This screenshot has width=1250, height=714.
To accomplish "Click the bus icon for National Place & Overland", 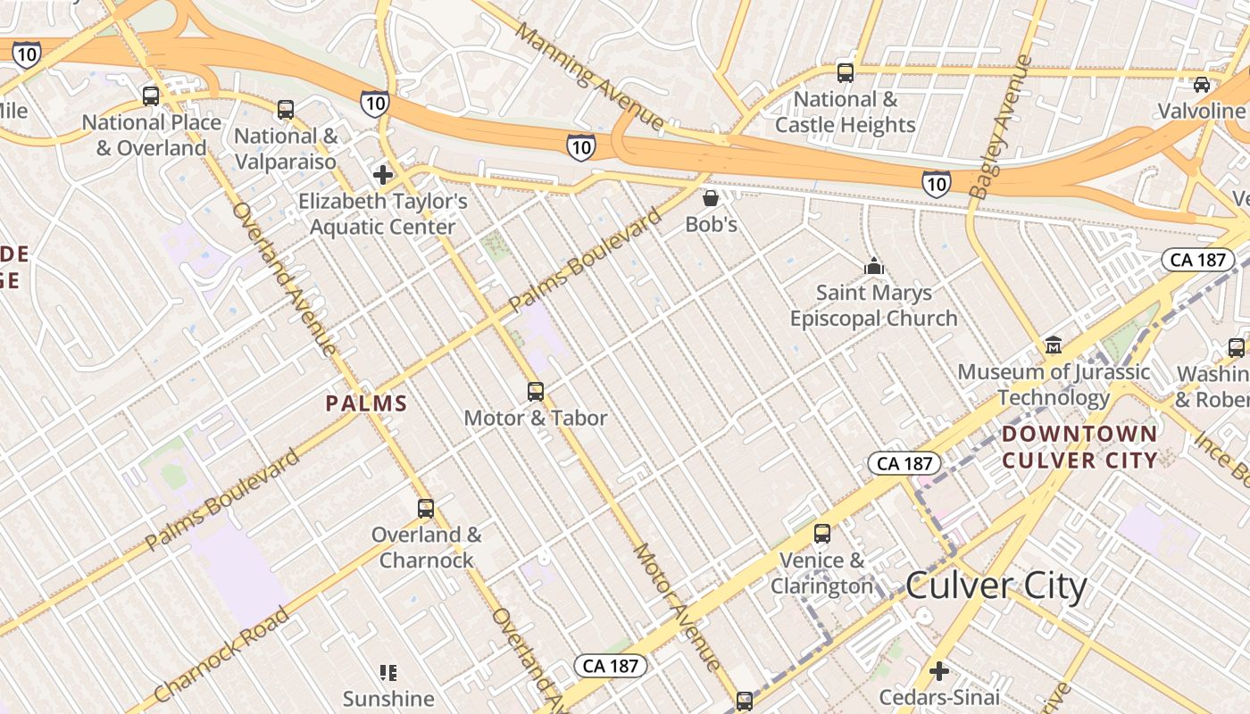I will coord(151,95).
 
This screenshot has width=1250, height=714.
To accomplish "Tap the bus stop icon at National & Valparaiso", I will coord(286,110).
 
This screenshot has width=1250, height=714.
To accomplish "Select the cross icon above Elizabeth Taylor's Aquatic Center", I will coord(383,174).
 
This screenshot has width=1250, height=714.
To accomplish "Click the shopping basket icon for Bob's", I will coord(711,197).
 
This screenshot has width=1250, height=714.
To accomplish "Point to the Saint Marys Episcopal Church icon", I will coord(873,266).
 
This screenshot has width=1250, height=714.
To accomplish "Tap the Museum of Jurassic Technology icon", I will coord(1054,345).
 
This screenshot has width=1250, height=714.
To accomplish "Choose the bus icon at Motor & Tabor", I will coord(536,391).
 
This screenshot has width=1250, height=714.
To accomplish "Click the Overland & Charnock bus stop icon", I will coord(426,509).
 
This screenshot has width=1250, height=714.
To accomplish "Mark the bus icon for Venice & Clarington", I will coord(822,534).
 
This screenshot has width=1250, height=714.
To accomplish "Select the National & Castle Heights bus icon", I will coord(845,73).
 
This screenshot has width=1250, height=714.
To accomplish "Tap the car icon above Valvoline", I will coord(1202,85).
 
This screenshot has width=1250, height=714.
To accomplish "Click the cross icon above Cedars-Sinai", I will coord(939,670).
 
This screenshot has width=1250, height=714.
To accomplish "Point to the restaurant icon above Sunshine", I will coord(387,672).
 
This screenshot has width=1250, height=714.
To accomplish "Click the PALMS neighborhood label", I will coord(367,403).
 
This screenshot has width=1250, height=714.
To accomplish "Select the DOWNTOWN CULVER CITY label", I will coord(1079,447).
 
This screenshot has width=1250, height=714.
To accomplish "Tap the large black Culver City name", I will coord(996,586).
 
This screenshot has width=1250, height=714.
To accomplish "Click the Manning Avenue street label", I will coord(590,77).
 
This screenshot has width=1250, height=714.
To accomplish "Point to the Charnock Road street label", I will coord(222,654).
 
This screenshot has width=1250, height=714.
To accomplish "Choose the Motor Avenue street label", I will coord(676,607).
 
